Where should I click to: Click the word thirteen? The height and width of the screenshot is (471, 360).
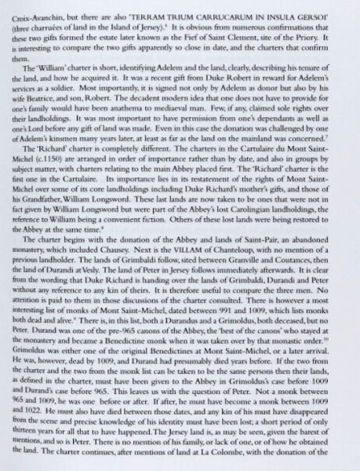26,440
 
